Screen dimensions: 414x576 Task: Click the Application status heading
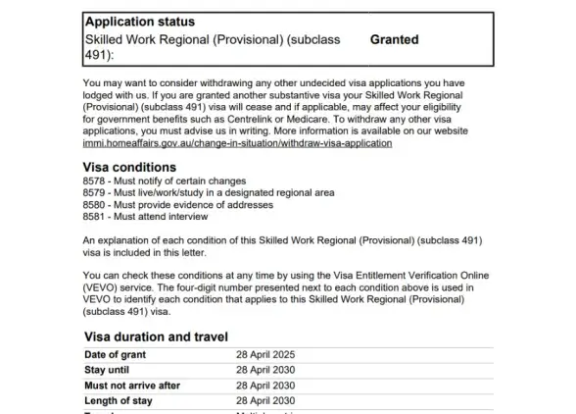pos(140,21)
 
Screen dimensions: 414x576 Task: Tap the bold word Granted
pos(394,40)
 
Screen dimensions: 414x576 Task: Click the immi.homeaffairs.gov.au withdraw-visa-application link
pos(238,143)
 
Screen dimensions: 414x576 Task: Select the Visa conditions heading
pos(130,167)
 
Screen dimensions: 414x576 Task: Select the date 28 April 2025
pos(265,354)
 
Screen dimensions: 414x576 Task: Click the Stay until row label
pos(109,370)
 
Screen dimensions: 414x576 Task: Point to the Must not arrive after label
pos(132,386)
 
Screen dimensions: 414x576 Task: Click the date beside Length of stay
pos(265,400)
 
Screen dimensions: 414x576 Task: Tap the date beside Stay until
pos(265,370)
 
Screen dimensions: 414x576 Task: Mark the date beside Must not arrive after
pos(265,386)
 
